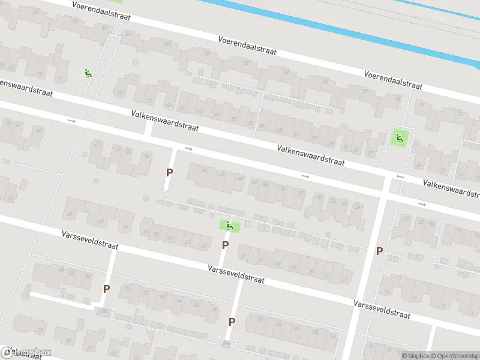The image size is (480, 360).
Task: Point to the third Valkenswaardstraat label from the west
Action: (311, 155)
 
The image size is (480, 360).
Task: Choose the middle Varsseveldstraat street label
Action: (236, 275)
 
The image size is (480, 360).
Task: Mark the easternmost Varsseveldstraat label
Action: (382, 309)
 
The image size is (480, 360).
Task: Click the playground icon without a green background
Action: (88, 73)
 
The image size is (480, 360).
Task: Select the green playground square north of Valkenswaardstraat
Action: (400, 137)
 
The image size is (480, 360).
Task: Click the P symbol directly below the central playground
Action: (225, 245)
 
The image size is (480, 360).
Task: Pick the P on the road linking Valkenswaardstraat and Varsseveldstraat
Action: (379, 251)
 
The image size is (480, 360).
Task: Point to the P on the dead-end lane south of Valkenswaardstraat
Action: (169, 172)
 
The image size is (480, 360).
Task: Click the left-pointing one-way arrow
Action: (401, 177)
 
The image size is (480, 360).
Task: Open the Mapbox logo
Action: (27, 353)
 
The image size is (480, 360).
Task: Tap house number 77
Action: (59, 79)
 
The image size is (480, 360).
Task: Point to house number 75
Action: (120, 94)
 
